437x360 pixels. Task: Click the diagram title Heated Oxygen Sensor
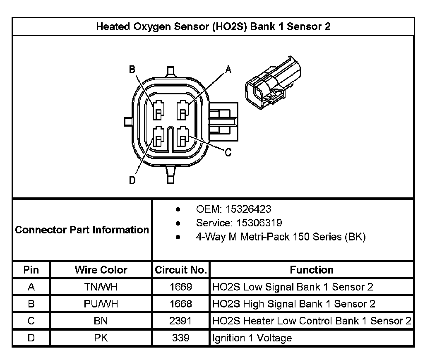tap(213, 27)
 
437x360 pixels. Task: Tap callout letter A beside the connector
tap(228, 70)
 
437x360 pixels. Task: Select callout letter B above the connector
tap(132, 70)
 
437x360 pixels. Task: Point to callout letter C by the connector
tap(228, 153)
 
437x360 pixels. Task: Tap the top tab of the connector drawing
tap(170, 71)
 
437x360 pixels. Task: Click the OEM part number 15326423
tap(233, 209)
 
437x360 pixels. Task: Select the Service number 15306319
tap(239, 223)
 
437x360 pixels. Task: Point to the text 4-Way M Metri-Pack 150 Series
tap(281, 237)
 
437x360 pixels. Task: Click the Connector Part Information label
tap(82, 230)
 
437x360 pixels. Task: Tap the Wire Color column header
tap(101, 270)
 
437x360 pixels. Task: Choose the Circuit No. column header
tap(181, 270)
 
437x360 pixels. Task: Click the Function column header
tap(312, 270)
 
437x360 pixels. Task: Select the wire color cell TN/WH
tap(101, 287)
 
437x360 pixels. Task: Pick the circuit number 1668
tap(181, 304)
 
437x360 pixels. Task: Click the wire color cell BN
tap(101, 321)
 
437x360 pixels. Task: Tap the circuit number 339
tap(181, 338)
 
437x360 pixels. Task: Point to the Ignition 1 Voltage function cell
tap(252, 338)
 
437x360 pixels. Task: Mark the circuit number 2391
tap(181, 321)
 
